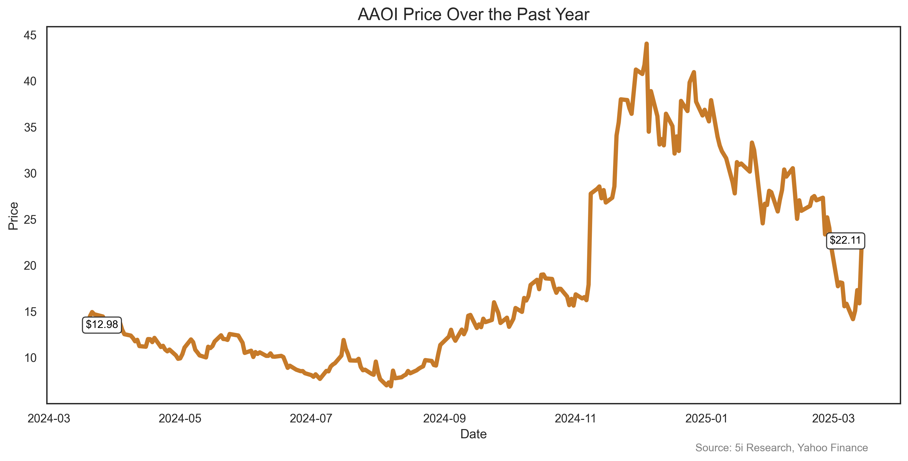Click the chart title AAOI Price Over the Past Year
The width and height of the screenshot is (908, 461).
(473, 15)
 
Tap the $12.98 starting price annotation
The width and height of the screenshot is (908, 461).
(102, 324)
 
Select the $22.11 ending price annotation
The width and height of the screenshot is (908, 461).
(845, 241)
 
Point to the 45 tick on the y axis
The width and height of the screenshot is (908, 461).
(30, 35)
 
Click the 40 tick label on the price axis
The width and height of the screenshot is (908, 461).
(30, 81)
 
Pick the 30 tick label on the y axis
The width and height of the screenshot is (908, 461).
(30, 174)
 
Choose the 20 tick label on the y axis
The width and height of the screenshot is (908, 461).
(30, 266)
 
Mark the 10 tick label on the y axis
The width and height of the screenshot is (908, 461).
(30, 358)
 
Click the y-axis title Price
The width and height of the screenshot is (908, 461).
(13, 216)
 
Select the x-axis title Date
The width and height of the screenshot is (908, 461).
(473, 434)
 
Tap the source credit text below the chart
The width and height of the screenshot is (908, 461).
(781, 448)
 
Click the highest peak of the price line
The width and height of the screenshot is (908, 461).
(647, 44)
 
